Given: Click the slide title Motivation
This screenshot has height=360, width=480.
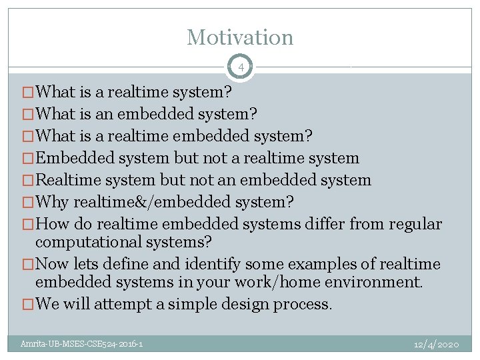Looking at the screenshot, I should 240,37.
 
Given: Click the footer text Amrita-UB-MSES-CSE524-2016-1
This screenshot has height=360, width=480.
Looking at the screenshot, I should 81,344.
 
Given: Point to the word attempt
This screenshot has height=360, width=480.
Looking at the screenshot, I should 124,305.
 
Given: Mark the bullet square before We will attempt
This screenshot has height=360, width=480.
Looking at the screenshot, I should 28,305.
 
